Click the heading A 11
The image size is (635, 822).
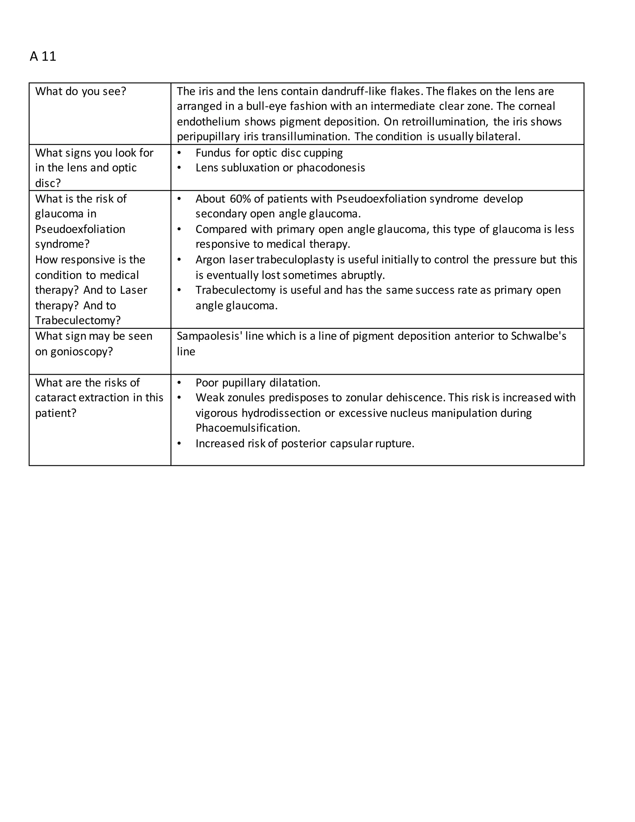pos(43,56)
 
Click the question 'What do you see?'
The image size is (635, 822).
pos(81,92)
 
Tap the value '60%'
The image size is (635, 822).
pos(240,199)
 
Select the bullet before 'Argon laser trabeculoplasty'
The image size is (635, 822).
pos(179,260)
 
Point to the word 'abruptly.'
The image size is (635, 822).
pos(363,275)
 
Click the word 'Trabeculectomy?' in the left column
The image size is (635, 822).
pos(78,321)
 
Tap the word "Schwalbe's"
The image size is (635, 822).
pos(538,336)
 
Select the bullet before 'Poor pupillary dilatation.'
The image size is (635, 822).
pos(179,383)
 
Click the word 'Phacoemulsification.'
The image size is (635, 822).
pos(247,428)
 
